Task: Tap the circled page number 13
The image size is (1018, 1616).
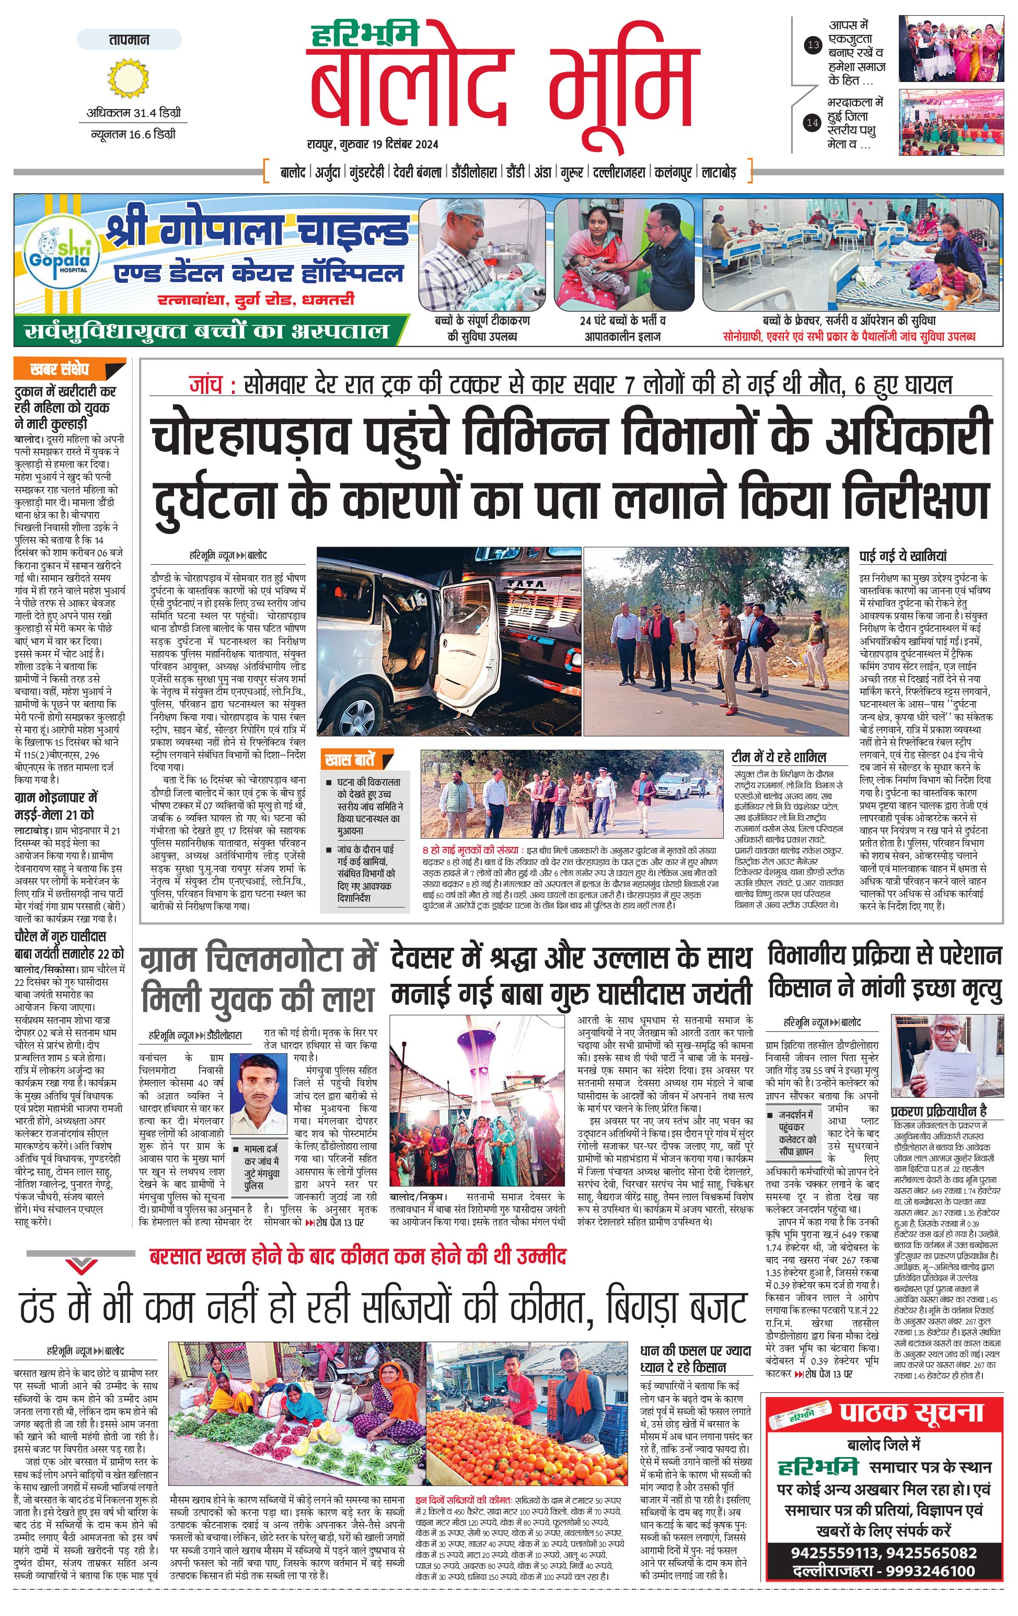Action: click(813, 45)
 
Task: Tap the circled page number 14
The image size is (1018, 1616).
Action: click(813, 123)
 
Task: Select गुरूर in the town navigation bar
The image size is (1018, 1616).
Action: click(572, 172)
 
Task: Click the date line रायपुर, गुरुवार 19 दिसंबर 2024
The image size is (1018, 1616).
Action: click(373, 144)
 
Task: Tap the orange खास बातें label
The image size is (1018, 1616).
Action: click(349, 760)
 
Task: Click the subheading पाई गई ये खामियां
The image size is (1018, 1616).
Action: click(903, 556)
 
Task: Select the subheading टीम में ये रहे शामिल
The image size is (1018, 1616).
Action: click(779, 757)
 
